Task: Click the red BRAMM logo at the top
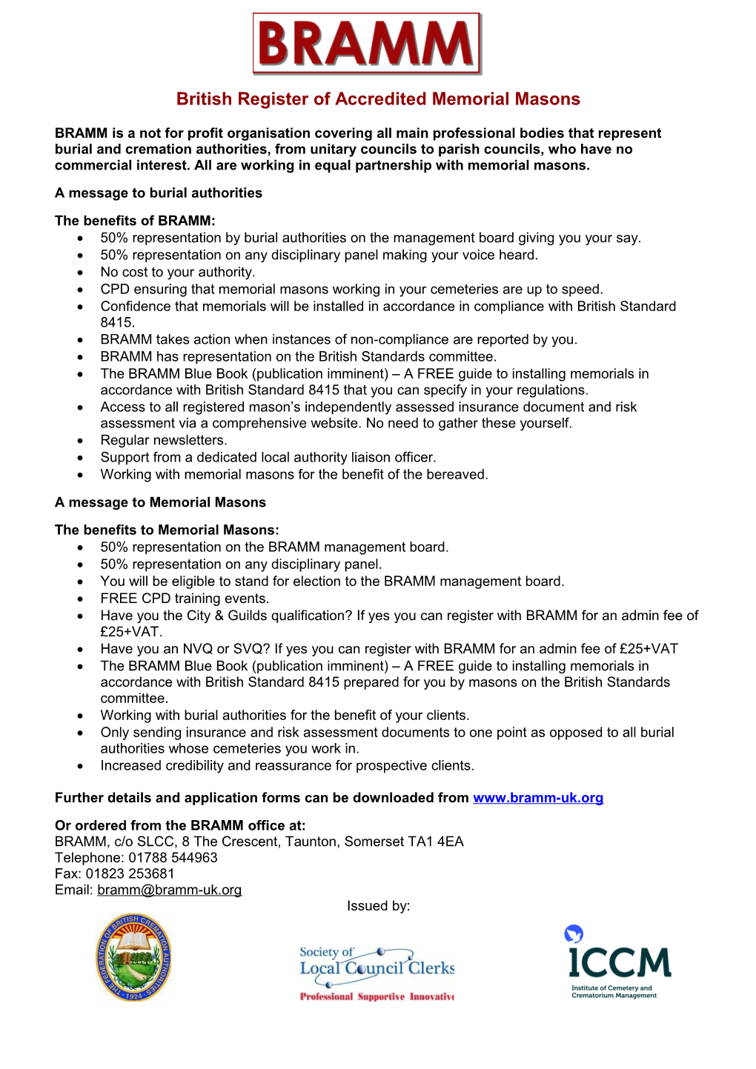[x=367, y=44]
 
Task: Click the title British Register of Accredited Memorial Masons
[x=378, y=99]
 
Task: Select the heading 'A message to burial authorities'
[x=159, y=193]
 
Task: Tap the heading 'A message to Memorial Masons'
[x=160, y=502]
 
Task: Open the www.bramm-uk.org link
[x=538, y=798]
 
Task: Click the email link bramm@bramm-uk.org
[x=169, y=890]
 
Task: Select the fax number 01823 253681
[x=130, y=873]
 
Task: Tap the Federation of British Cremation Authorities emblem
[x=134, y=957]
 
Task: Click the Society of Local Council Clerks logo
[x=377, y=973]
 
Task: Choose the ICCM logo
[x=617, y=962]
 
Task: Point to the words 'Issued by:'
[x=378, y=906]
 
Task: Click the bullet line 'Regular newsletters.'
[x=164, y=441]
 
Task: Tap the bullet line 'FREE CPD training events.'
[x=185, y=599]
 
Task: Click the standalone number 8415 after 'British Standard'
[x=117, y=323]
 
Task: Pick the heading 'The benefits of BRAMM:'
[x=135, y=221]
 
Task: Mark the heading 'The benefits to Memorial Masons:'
[x=167, y=530]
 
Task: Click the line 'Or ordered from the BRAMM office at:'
[x=180, y=825]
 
